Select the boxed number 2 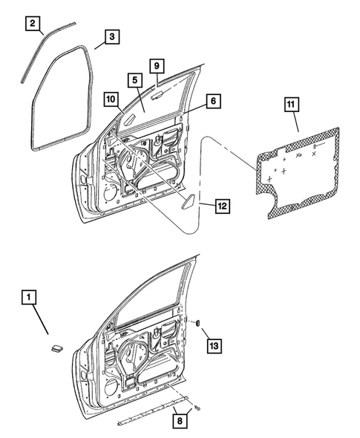(x=33, y=23)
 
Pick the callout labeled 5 (x=134, y=79)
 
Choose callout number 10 (x=109, y=98)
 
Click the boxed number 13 (x=214, y=346)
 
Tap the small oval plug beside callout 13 (x=199, y=324)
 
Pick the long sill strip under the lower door (x=148, y=414)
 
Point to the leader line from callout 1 (x=41, y=323)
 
